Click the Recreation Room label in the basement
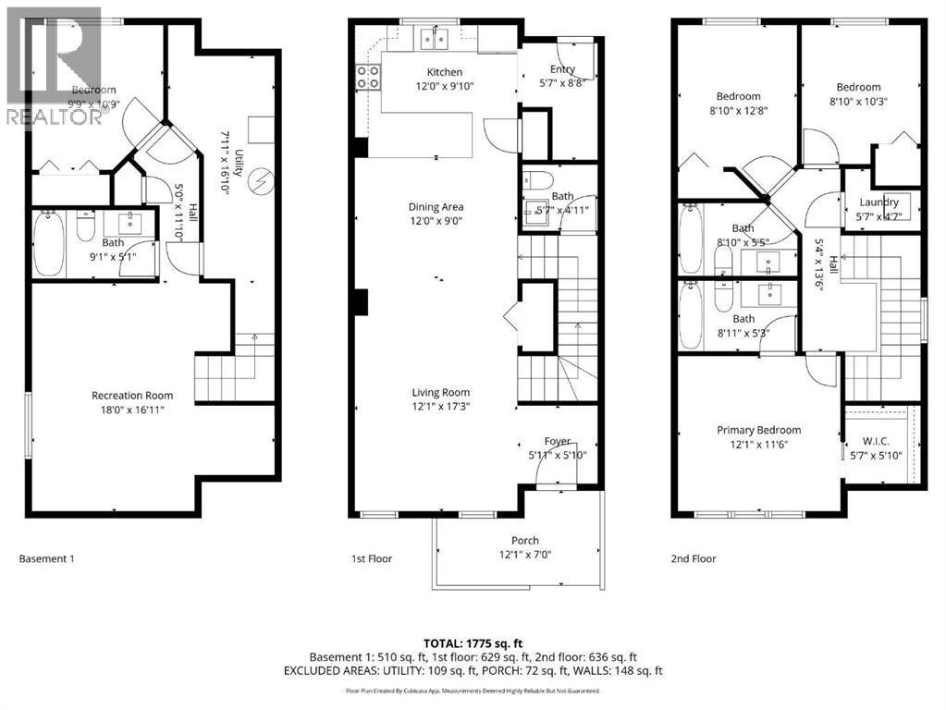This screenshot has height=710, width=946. coord(131,395)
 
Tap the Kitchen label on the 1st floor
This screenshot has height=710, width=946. coord(444,72)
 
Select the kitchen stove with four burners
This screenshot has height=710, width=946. coord(369,78)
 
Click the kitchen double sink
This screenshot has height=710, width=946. coord(432,38)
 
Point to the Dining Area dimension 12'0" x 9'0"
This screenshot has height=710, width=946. coord(436,221)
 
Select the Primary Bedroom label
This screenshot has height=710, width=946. coord(758,430)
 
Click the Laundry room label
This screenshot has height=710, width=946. coord(878,202)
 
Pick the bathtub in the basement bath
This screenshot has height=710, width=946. coord(48,244)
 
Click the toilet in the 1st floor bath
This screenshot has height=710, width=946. coord(537,179)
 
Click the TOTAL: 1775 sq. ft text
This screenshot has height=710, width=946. coord(473,642)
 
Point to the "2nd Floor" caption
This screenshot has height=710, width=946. coord(693,558)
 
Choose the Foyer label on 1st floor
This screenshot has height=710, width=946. coord(557,441)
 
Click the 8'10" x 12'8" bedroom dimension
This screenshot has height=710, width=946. coord(737,110)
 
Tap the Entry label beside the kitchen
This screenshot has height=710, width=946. coord(562,69)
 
